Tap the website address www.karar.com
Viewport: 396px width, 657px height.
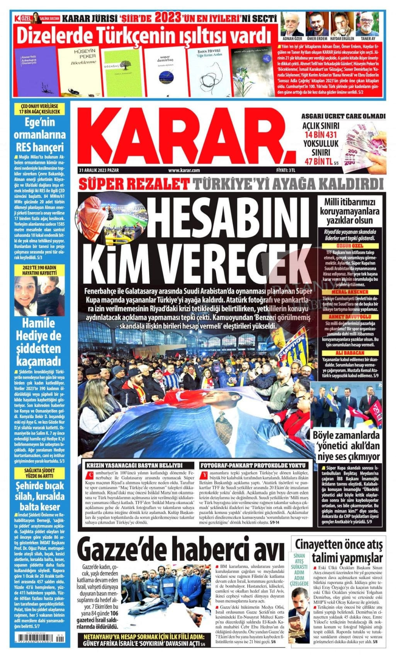click(184, 170)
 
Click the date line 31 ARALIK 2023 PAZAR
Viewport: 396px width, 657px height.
click(100, 170)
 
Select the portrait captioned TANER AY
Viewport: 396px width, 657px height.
click(368, 24)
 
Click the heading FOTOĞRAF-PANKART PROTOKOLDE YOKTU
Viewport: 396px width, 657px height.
click(254, 466)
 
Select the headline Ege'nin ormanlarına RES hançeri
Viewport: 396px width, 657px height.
click(40, 135)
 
